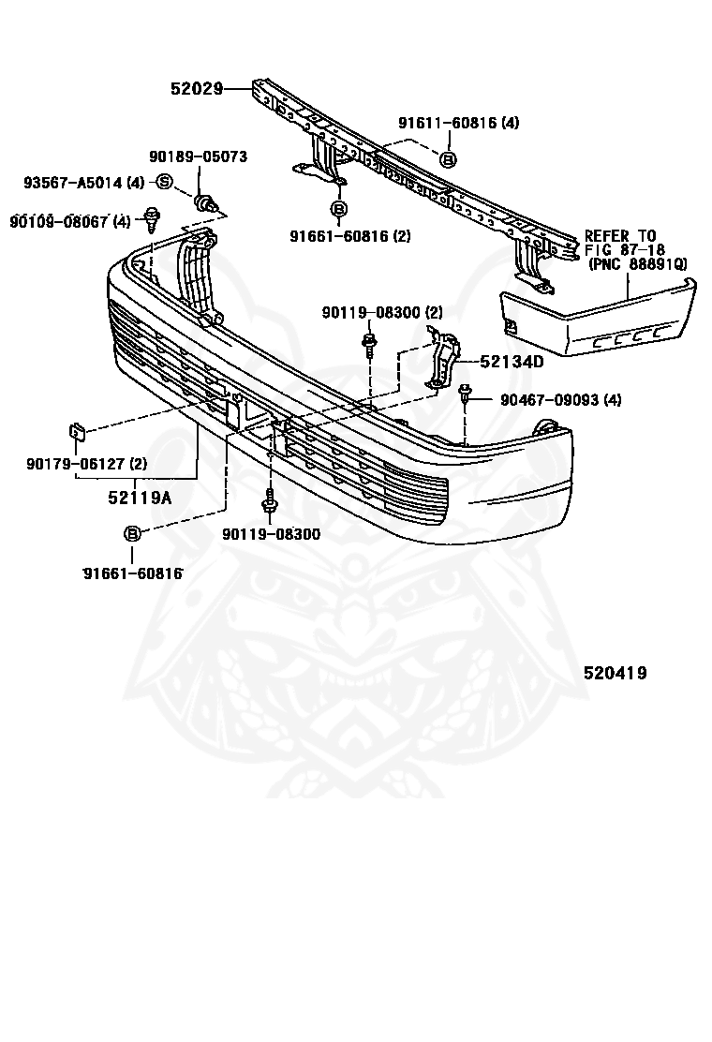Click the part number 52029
(x=197, y=89)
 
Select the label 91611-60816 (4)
(x=458, y=123)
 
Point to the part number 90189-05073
(x=198, y=156)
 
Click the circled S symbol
(x=163, y=182)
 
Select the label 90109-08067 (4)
(x=70, y=221)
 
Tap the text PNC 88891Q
(x=638, y=265)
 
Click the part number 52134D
(x=512, y=361)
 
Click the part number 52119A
(x=139, y=498)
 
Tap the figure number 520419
(x=616, y=673)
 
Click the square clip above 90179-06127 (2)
(x=78, y=432)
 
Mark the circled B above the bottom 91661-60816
(x=132, y=533)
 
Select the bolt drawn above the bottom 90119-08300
(x=270, y=502)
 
